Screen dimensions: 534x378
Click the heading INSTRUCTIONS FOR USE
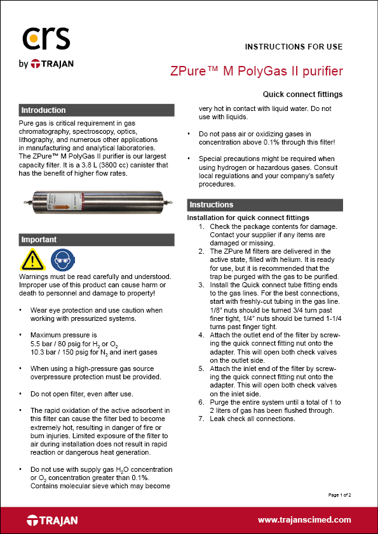[x=294, y=47]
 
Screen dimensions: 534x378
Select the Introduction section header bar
[x=96, y=110]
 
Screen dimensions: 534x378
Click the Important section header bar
[x=96, y=240]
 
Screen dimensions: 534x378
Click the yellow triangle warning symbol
[x=32, y=261]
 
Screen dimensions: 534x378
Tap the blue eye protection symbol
[x=58, y=261]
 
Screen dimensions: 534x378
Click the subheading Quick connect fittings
[x=307, y=94]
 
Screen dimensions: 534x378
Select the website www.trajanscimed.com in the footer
[x=304, y=520]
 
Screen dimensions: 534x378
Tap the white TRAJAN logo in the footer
[x=53, y=521]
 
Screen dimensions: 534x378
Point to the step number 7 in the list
[x=201, y=419]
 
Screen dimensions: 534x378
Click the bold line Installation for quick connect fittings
[x=248, y=218]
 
